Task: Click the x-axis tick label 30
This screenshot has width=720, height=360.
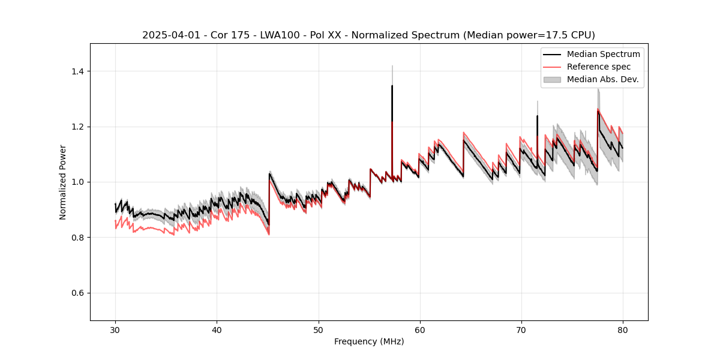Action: [115, 330]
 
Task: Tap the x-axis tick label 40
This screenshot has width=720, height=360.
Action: [217, 330]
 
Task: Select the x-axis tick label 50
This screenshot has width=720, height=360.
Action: [318, 330]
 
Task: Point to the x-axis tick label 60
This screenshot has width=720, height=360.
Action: [419, 330]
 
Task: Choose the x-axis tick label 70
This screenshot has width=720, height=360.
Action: [521, 330]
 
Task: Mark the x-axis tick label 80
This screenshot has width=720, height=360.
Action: [622, 330]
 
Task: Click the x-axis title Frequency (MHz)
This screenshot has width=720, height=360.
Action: [369, 342]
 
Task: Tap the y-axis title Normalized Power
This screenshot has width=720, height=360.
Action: [63, 182]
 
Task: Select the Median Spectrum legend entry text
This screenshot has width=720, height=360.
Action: [603, 54]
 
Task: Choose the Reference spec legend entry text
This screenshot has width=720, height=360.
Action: [599, 67]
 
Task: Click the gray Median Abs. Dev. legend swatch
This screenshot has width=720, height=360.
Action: [552, 79]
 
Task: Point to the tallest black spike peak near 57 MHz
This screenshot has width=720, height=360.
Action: [392, 86]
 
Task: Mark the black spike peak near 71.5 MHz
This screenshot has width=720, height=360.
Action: [537, 116]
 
